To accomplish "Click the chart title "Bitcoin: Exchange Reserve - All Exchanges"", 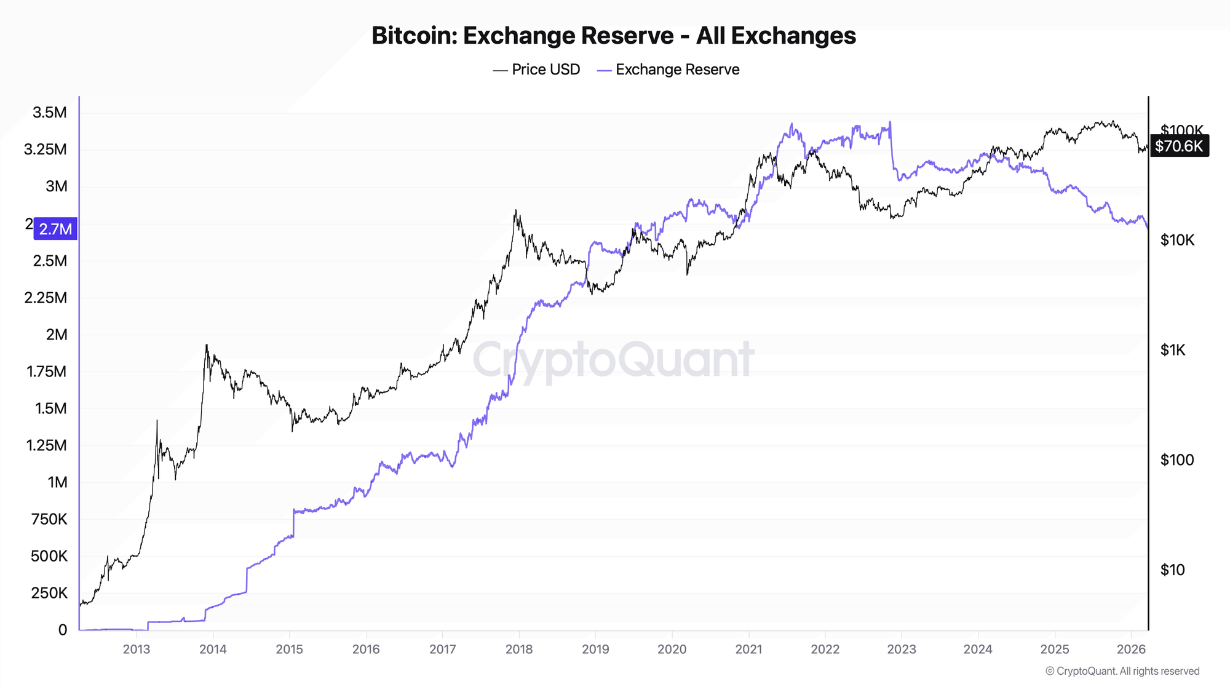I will click(613, 36).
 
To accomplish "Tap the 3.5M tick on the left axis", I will click(49, 113).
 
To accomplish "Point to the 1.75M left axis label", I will click(46, 372).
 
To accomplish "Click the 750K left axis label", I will click(49, 519).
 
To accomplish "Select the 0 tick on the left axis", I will click(63, 630).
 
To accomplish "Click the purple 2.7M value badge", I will click(55, 229).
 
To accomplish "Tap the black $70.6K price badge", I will click(1179, 146).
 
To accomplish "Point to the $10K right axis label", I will click(1177, 241).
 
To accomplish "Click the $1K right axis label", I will click(1172, 351).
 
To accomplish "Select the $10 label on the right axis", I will click(1172, 570).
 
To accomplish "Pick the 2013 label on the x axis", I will click(137, 650).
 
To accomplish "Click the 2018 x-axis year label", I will click(519, 650).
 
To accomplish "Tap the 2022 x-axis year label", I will click(825, 650).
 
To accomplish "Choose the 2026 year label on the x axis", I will click(1131, 650).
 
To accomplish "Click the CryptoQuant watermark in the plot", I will click(613, 360).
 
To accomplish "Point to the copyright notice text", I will click(1122, 671).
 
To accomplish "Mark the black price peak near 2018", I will click(515, 211).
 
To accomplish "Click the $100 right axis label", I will click(1176, 460).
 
